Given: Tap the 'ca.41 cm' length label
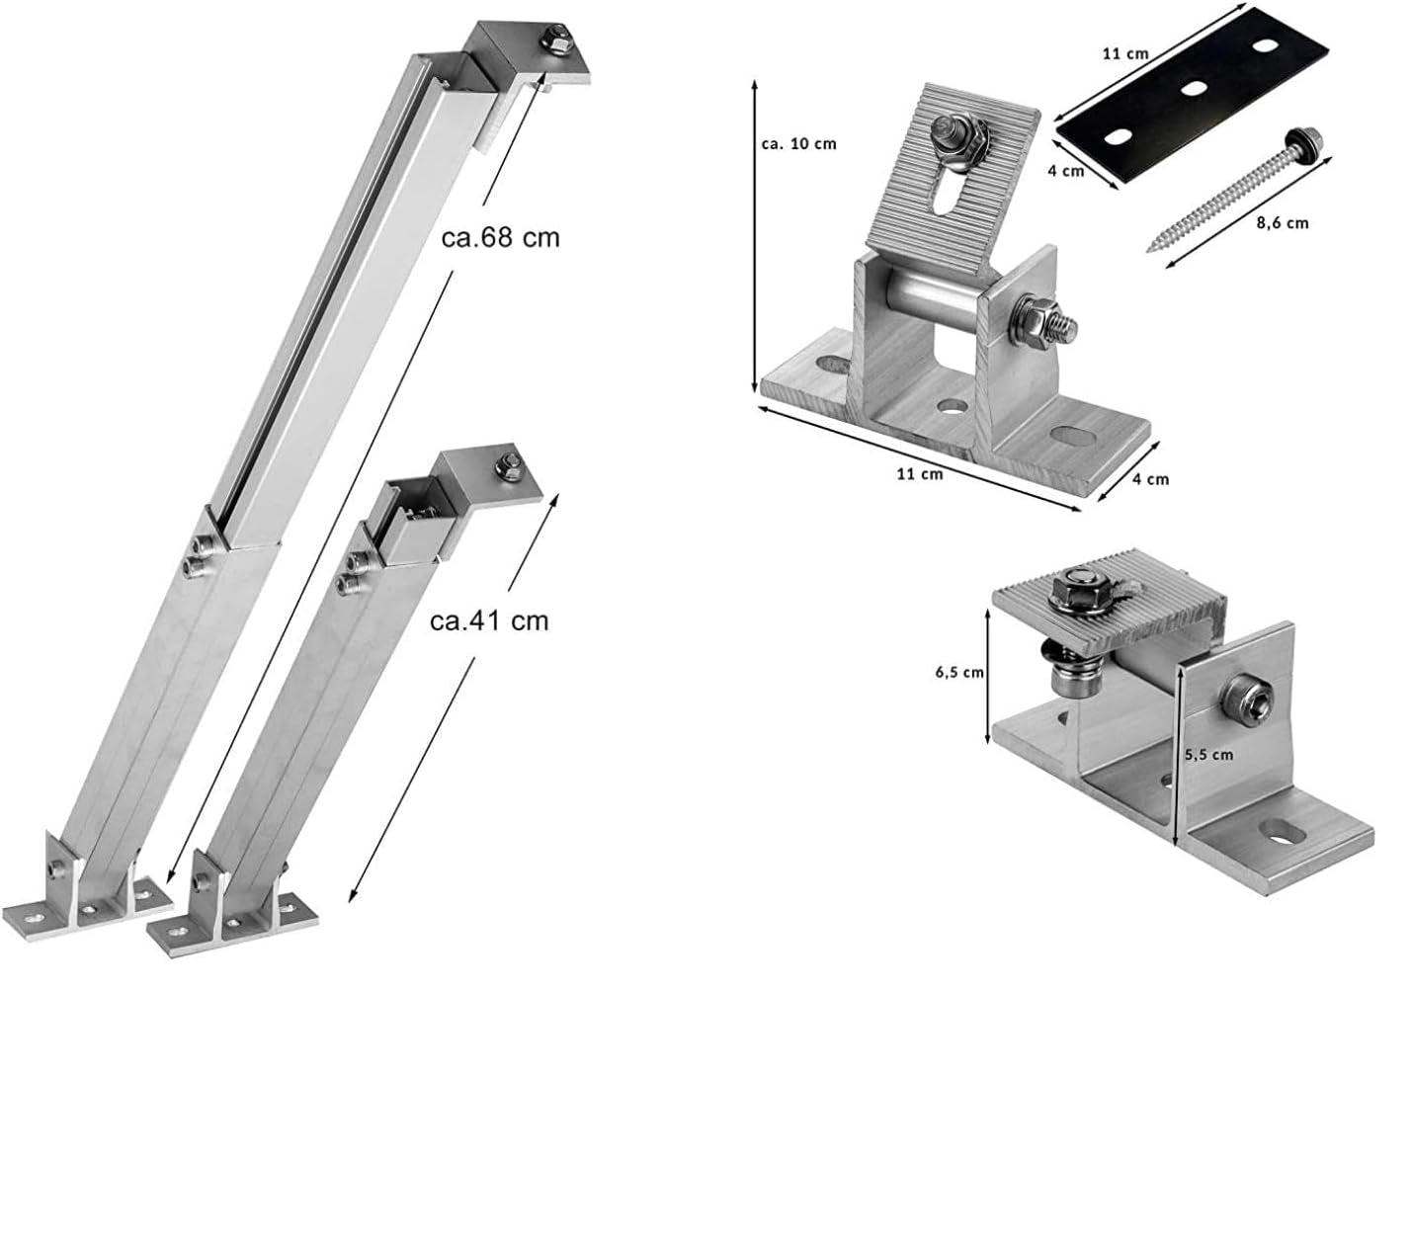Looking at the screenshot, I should (489, 619).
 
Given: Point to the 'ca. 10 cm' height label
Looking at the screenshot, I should (798, 143).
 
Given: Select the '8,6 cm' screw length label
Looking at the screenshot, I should (1282, 223).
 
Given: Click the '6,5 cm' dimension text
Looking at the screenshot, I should (959, 672).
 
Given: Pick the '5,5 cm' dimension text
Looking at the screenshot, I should (1208, 754).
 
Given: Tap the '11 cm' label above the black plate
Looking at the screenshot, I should (1125, 53).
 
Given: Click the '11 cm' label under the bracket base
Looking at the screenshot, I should (919, 473).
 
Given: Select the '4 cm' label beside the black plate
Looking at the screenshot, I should (1066, 170).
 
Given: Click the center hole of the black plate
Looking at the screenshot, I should (1194, 88).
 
